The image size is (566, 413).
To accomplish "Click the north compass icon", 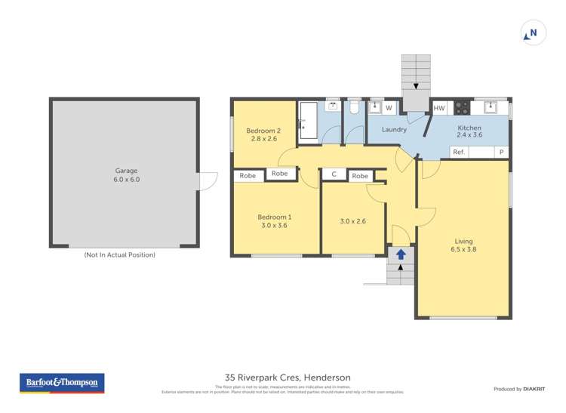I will [533, 33].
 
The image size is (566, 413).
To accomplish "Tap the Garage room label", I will [126, 171].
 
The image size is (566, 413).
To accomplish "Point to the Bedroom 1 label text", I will [276, 217].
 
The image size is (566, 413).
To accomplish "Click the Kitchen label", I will [469, 128].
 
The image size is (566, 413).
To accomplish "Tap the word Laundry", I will [394, 130].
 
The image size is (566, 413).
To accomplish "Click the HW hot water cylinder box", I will [439, 109].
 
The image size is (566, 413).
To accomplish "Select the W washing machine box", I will [389, 109].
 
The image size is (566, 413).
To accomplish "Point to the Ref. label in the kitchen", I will [458, 153].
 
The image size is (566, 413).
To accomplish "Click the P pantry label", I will [500, 153].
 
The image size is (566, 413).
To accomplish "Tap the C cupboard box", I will [334, 175].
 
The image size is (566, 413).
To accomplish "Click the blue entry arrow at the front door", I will [401, 255].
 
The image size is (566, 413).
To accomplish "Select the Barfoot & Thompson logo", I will [61, 383].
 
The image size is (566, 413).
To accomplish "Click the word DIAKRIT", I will [537, 389].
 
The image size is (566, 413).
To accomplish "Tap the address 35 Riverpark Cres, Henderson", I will [288, 377].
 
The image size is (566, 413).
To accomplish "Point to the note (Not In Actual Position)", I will [119, 255].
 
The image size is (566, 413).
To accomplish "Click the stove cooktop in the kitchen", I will [462, 107].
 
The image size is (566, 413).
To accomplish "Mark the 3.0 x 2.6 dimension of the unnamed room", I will [352, 221].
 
